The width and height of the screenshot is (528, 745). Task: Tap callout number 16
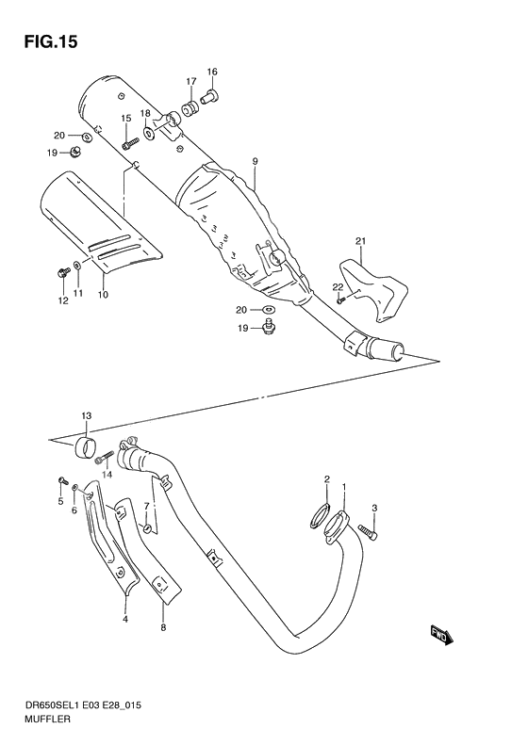click(212, 72)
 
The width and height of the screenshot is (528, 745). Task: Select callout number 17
click(190, 82)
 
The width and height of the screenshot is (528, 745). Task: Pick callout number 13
click(86, 415)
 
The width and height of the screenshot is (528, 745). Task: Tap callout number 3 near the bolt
click(374, 510)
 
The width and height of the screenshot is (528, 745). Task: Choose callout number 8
click(163, 627)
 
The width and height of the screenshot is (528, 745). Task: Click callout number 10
click(103, 295)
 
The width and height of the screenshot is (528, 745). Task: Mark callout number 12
click(63, 301)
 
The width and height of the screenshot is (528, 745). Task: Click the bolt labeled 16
click(210, 95)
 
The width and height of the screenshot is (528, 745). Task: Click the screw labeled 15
click(131, 143)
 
